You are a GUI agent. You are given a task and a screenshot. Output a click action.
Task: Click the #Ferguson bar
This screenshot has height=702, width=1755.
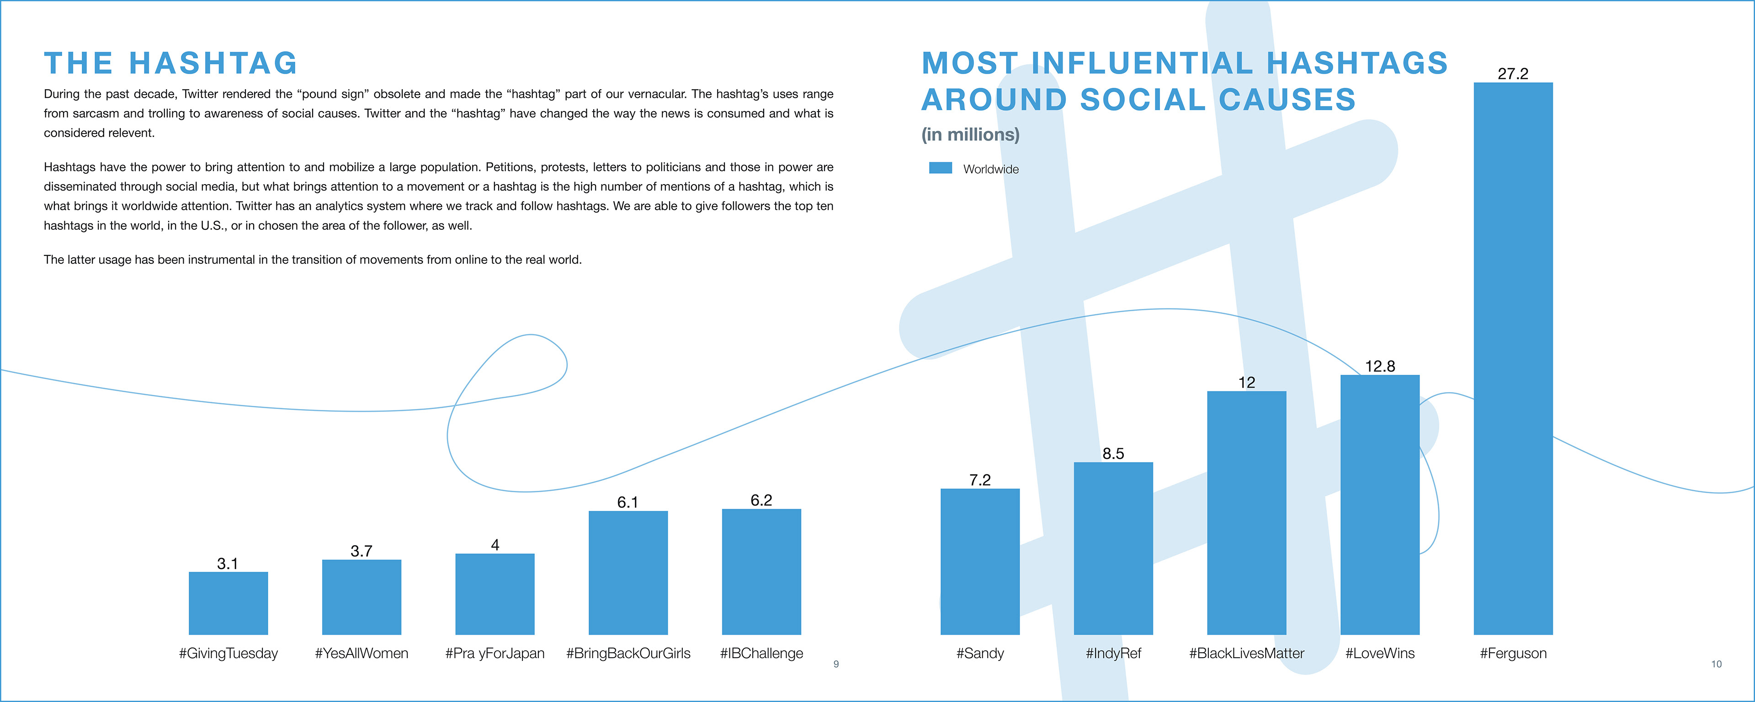tap(1513, 358)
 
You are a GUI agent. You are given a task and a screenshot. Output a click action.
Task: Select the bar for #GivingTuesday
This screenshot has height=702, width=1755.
tap(228, 603)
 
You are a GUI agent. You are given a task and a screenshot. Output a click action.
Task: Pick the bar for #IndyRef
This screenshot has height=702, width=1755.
tap(1113, 548)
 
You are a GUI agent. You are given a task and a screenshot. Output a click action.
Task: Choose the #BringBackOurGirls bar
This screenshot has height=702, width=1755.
tap(628, 573)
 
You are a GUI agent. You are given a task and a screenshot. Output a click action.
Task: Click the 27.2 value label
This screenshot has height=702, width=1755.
tap(1513, 74)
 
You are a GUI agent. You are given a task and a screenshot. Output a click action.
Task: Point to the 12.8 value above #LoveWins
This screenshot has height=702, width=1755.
tap(1380, 366)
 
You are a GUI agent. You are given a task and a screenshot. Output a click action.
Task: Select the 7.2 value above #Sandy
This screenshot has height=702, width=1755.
tap(980, 480)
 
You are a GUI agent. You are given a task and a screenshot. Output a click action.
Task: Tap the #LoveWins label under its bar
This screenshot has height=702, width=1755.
tap(1380, 653)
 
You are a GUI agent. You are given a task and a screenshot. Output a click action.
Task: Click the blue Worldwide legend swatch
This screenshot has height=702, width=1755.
tap(940, 168)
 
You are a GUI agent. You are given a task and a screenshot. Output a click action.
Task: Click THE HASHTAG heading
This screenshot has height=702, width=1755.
tap(171, 64)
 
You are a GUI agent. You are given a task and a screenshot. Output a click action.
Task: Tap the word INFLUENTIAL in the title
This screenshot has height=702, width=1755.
tap(1142, 64)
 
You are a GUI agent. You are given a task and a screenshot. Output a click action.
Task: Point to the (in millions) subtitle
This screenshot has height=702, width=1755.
tap(970, 134)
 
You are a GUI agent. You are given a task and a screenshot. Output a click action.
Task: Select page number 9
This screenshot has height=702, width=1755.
tap(836, 664)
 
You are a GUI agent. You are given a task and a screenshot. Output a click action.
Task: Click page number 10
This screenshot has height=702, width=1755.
tap(1716, 664)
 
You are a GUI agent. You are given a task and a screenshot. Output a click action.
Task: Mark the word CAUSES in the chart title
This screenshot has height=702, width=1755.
tap(1287, 100)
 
